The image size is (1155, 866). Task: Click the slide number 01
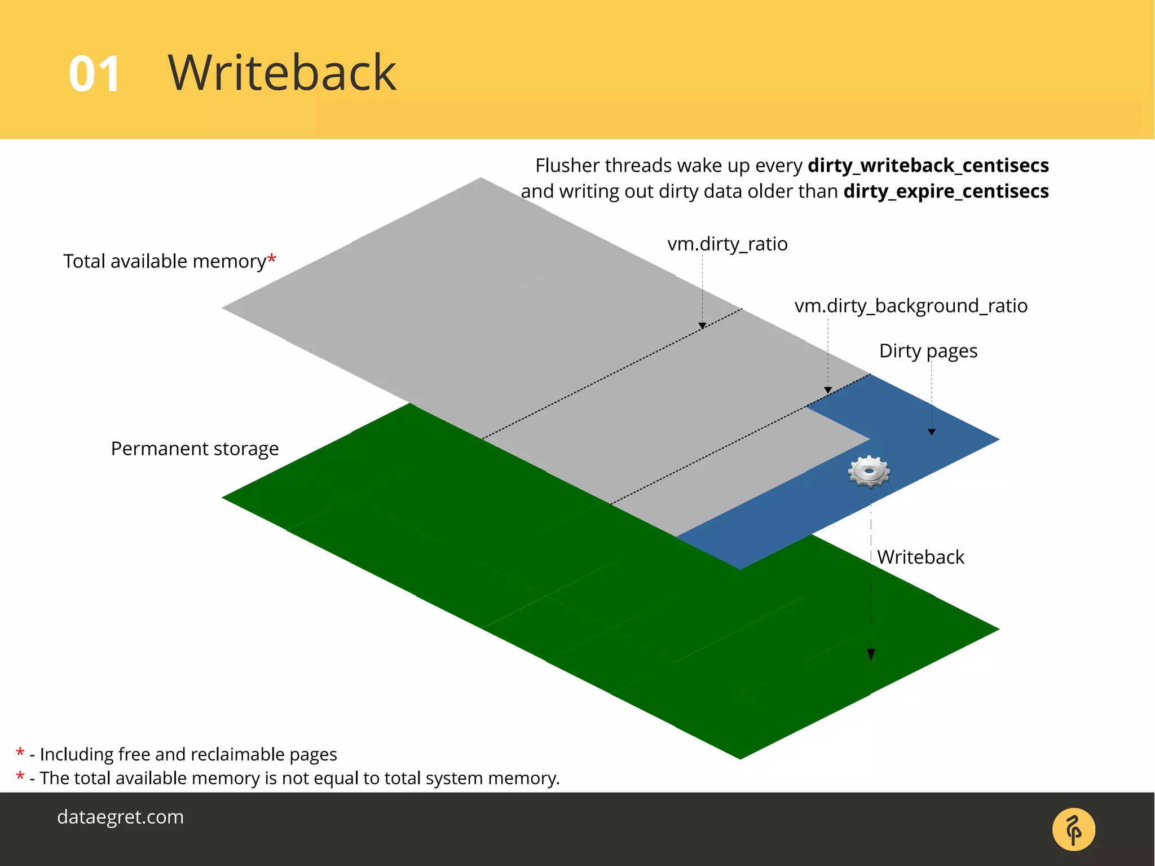point(94,74)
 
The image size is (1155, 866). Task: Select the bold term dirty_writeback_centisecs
point(928,165)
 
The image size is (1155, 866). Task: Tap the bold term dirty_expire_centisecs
point(946,191)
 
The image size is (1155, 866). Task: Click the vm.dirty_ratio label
point(727,244)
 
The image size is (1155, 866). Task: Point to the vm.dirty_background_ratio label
point(910,306)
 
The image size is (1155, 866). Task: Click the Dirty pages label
point(928,351)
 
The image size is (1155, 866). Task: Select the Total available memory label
point(164,261)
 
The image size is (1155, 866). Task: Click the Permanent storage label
point(195,449)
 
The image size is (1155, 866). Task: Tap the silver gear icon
point(869,471)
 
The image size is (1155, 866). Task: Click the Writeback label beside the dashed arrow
point(920,557)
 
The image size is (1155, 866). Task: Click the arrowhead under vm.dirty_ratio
point(702,326)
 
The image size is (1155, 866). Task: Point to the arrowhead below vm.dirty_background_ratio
point(828,390)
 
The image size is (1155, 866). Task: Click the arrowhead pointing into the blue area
point(932,432)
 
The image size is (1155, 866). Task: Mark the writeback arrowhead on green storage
point(871,654)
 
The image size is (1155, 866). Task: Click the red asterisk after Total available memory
point(272,258)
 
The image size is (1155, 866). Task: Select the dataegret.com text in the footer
point(120,817)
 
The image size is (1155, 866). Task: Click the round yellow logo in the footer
point(1073,829)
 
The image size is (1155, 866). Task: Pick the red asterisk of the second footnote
point(20,776)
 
